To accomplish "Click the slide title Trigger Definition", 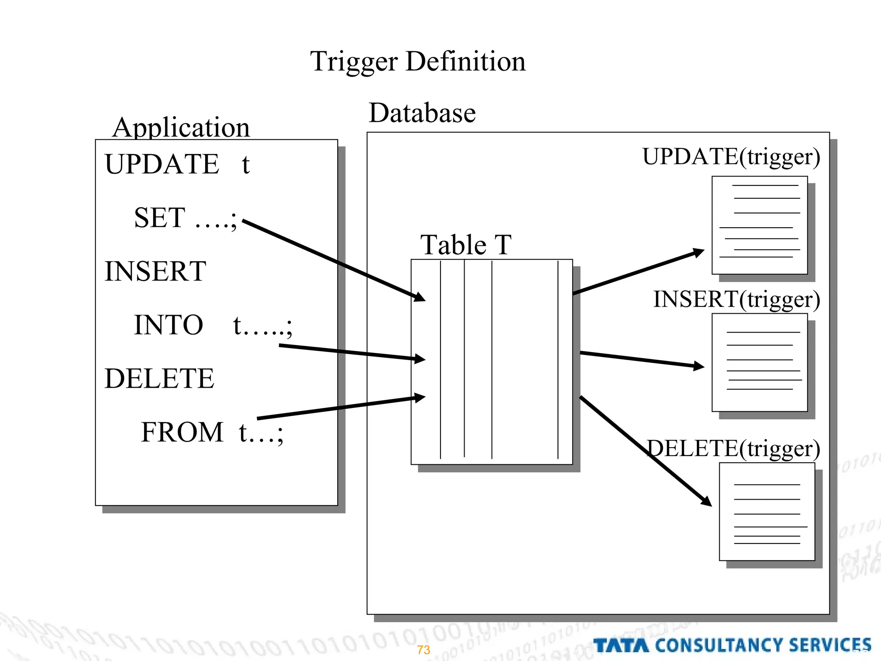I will click(418, 62).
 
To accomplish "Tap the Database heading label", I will click(422, 113).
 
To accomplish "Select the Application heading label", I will click(181, 128).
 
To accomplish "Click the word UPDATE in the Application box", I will click(162, 164).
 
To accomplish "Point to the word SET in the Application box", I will click(160, 218).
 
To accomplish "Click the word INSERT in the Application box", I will click(155, 272).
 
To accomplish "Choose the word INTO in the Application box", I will click(168, 325).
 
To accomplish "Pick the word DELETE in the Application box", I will click(159, 379).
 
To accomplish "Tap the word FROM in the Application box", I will click(182, 432).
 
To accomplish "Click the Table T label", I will click(465, 245).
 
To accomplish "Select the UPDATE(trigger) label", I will click(731, 157).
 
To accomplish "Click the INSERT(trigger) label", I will click(736, 300).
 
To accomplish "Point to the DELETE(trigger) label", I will click(734, 449).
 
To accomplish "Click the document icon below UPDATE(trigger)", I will click(760, 225).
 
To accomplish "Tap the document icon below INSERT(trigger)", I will click(760, 362).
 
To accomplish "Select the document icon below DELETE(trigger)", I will click(767, 512).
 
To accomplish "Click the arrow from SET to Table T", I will click(333, 260).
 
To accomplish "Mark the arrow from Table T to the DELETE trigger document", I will click(645, 451).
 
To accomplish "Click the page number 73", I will click(424, 650).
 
